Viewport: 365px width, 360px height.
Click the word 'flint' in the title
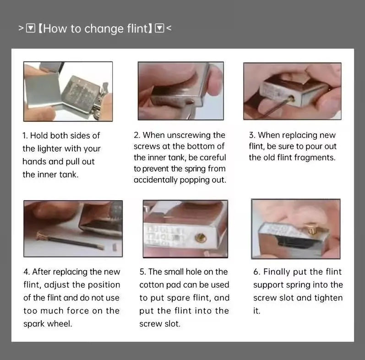137,29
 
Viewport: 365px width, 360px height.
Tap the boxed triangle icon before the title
31,28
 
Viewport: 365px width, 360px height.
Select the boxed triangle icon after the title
159,28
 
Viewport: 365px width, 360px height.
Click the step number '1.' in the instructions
25,136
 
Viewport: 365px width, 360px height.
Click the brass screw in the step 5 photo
201,238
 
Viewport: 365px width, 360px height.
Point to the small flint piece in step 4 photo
115,247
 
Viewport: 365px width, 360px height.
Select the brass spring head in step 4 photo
41,236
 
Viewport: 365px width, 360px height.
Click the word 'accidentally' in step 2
156,180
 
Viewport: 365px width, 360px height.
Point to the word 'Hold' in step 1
39,136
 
